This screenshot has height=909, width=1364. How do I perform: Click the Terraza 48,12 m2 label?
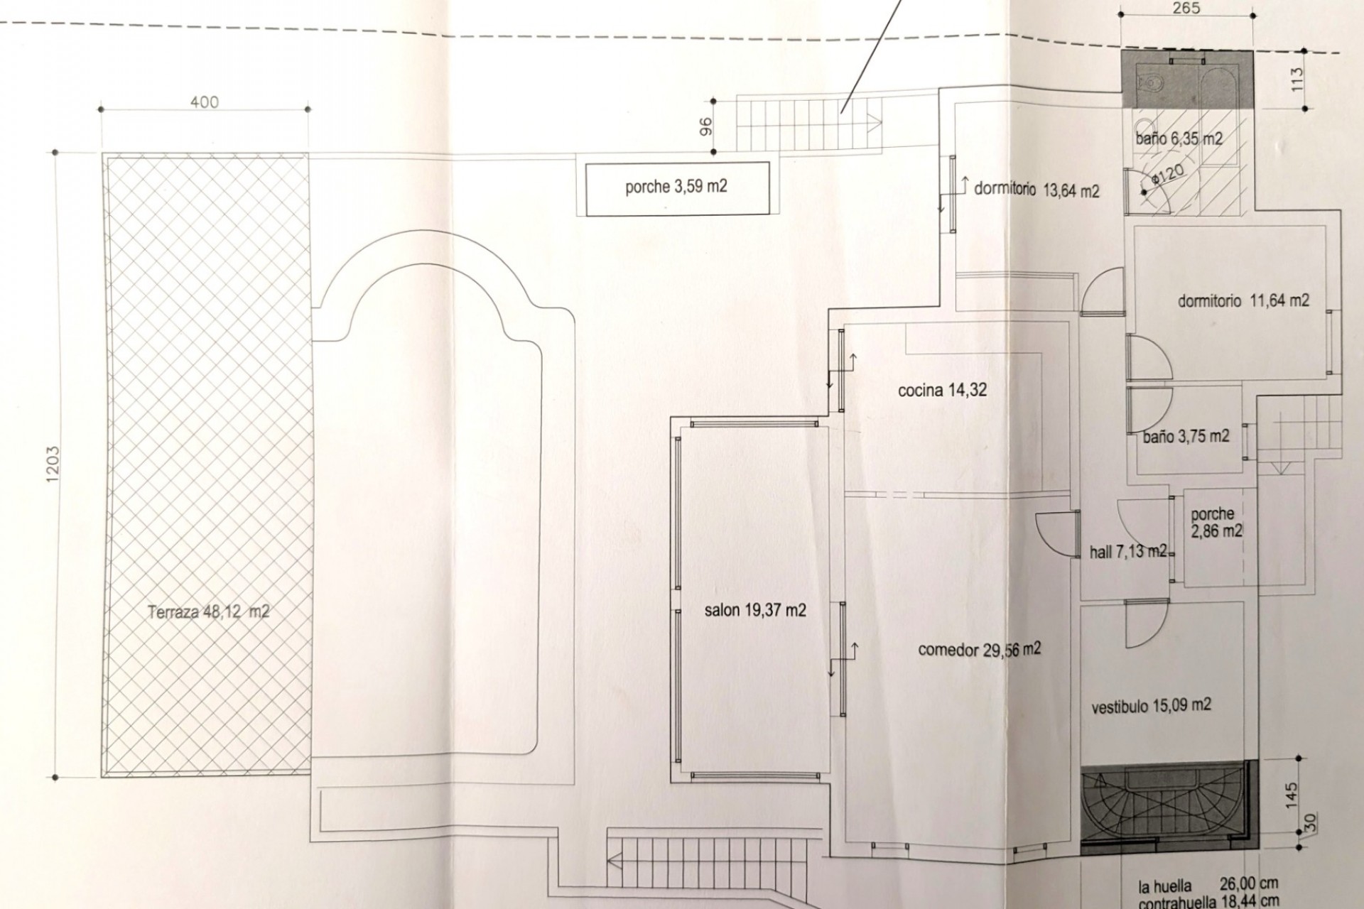click(x=209, y=611)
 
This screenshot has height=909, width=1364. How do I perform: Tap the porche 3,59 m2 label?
click(x=676, y=187)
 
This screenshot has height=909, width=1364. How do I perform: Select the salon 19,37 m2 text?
click(x=755, y=610)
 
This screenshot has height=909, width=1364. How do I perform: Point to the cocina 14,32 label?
click(x=942, y=390)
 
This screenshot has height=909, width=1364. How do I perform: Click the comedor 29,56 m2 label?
click(x=980, y=649)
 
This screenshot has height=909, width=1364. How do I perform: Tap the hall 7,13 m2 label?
click(x=1128, y=552)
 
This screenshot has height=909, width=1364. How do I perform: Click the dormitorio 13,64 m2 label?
click(x=1036, y=190)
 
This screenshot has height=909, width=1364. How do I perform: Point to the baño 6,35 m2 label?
click(x=1179, y=138)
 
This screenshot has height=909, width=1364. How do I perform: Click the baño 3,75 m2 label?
click(x=1186, y=437)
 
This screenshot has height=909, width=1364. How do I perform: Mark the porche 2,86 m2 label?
click(x=1216, y=522)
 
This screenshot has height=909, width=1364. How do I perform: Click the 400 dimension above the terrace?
click(x=205, y=102)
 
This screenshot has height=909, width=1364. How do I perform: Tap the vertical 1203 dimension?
click(x=53, y=466)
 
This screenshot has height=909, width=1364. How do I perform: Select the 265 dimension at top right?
click(x=1186, y=9)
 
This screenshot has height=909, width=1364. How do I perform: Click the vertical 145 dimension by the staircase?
click(x=1292, y=795)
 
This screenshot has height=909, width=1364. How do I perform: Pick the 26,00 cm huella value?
click(x=1247, y=884)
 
